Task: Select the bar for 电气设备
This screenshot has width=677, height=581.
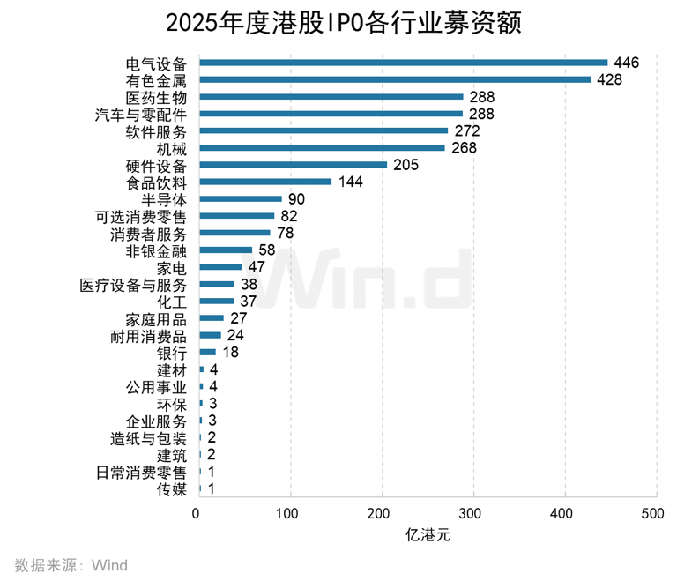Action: [404, 63]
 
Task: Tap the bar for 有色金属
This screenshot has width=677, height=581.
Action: [395, 79]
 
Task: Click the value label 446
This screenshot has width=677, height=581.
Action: [626, 63]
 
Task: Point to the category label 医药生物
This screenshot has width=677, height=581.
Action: [157, 97]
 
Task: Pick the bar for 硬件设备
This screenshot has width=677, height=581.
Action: [294, 165]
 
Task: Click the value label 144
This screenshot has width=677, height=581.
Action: [350, 182]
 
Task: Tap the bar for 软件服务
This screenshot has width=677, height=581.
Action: [324, 130]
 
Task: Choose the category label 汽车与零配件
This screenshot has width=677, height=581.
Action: [141, 114]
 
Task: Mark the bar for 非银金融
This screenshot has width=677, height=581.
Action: [226, 250]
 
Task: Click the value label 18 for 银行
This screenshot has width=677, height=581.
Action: [231, 353]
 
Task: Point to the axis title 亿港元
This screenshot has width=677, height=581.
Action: [427, 535]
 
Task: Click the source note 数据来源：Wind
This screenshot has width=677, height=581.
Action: [71, 564]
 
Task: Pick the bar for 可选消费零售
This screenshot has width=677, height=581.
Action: [237, 216]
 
